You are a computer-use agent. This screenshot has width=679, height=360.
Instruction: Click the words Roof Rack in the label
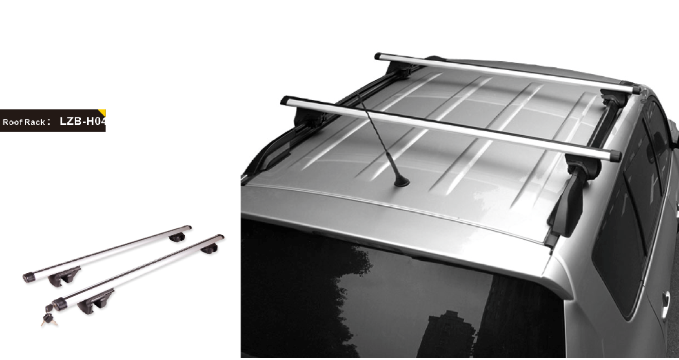(23, 122)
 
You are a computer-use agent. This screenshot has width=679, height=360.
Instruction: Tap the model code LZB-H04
(82, 121)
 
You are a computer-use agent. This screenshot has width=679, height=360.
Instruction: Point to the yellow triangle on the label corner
(103, 113)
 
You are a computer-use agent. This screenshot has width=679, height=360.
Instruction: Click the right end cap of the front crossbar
(636, 90)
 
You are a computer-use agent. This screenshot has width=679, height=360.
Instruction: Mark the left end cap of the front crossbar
(378, 56)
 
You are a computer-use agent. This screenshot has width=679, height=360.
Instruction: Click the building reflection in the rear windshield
(446, 334)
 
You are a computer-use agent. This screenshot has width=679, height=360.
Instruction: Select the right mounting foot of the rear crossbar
(574, 195)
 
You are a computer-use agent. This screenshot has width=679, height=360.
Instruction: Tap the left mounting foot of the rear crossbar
(305, 117)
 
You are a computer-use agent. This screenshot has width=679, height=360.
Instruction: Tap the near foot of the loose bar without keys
(64, 275)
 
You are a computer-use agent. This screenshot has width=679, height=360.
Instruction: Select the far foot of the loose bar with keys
(209, 248)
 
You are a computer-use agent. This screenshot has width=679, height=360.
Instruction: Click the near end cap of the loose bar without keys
(29, 277)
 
